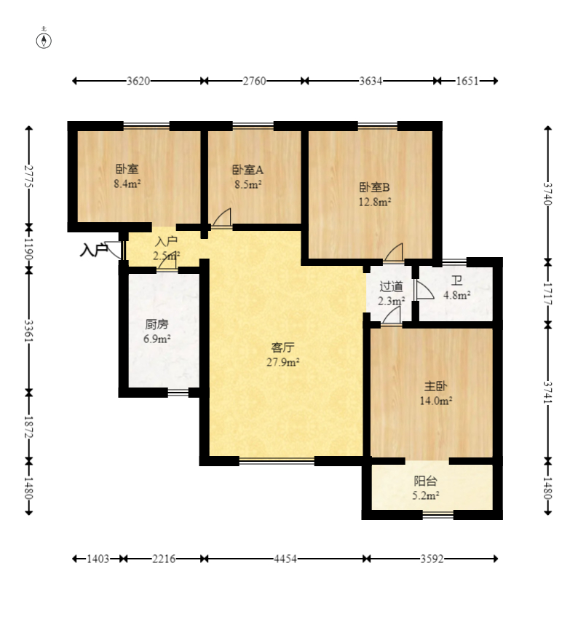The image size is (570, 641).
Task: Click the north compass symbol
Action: coord(44,41)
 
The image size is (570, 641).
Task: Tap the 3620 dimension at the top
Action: coord(138,81)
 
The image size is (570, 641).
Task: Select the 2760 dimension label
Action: coord(254,81)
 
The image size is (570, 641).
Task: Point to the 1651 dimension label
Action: coord(467,81)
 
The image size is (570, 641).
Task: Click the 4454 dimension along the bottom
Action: coord(285,559)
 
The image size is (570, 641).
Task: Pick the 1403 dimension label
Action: coord(98,559)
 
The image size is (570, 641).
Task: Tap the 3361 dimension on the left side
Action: coord(28,331)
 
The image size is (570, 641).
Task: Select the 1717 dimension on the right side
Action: coord(548,294)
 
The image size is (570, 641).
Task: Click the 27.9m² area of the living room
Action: coord(282,362)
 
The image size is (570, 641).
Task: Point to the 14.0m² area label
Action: coord(435,401)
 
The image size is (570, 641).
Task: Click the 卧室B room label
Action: coord(374,187)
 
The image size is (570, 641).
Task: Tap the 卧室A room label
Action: coord(248,169)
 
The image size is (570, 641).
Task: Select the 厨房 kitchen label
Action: coord(157,325)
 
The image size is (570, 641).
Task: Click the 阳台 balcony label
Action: coord(425,481)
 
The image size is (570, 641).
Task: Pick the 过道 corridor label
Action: coord(391,286)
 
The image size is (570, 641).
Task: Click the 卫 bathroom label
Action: coord(457,280)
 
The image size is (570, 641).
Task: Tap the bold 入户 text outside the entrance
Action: coord(94,250)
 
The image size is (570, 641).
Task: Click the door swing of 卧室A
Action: coord(222,217)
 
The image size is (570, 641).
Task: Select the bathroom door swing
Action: coord(425,289)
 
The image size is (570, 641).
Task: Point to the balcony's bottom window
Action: coord(438,515)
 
